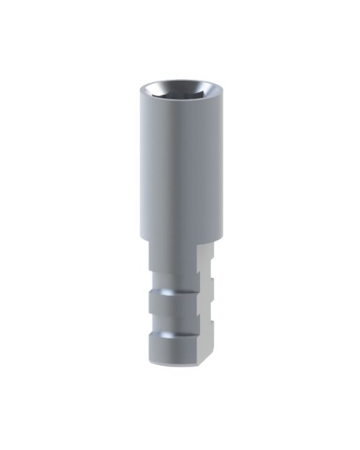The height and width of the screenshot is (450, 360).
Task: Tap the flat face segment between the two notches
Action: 205,302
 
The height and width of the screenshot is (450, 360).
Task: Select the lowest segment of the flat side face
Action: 205,346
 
